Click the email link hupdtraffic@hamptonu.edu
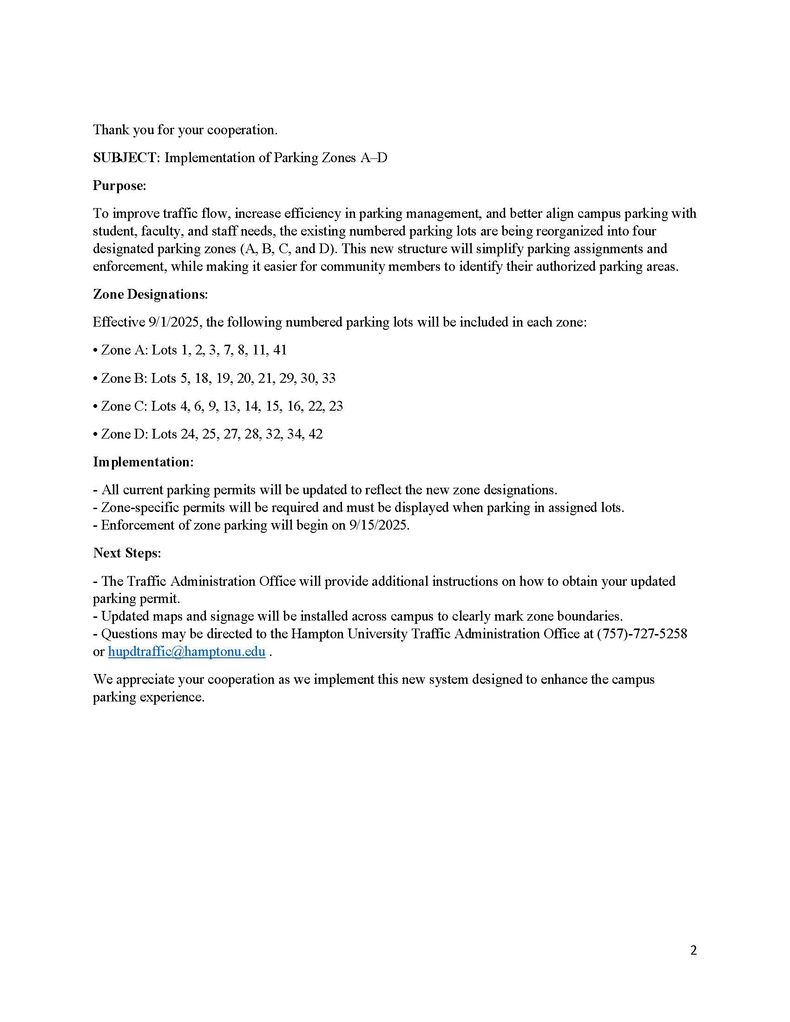186,651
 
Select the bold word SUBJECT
126,157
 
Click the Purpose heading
119,186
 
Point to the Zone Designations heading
150,295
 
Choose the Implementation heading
143,462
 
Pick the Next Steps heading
126,553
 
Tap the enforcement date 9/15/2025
379,525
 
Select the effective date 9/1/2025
176,322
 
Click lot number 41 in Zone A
279,350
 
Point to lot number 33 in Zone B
329,378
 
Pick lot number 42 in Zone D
316,434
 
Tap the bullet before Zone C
95,406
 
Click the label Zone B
123,378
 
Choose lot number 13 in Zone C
230,406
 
